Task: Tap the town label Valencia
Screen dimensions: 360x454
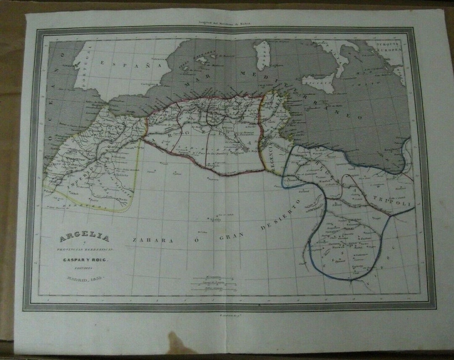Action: (159, 59)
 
